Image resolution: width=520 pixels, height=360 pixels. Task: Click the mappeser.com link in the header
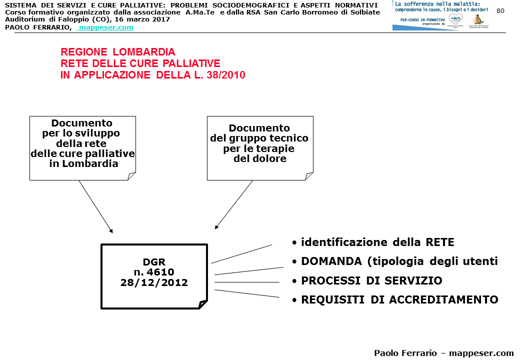pos(106,27)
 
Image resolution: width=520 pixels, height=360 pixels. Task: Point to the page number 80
pos(500,10)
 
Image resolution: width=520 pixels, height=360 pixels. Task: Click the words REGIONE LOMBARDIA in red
pos(118,52)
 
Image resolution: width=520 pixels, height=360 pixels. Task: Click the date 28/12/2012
pos(154,282)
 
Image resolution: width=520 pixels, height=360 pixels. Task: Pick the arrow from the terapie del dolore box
pos(234,204)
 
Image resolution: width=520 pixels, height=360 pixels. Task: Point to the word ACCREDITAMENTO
pos(443,299)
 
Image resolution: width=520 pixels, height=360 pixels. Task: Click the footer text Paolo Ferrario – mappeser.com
pos(444,352)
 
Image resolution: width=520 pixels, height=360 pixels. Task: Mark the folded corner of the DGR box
pos(203,304)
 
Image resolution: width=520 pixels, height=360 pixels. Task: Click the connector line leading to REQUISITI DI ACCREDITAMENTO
pos(246,293)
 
